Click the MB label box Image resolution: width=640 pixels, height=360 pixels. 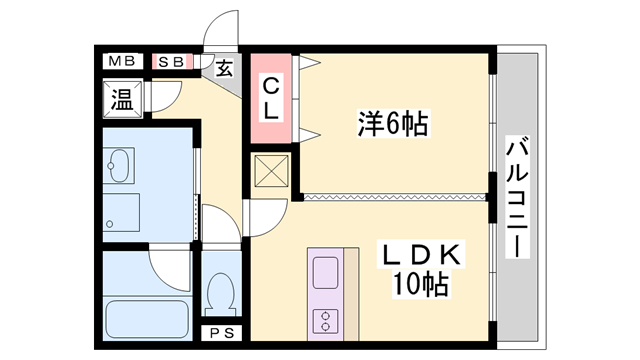122,62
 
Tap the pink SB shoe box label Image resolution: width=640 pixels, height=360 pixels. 171,62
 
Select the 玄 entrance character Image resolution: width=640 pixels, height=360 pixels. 224,68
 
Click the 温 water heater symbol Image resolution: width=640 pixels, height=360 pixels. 122,99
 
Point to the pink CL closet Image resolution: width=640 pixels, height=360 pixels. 271,98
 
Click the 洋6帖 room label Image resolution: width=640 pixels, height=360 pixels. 393,123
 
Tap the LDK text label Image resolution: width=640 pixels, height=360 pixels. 421,255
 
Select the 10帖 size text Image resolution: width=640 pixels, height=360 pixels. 420,284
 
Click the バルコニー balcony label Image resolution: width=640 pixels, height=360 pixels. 517,197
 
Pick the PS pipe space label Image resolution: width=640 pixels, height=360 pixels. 222,333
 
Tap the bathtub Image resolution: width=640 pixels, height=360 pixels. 147,319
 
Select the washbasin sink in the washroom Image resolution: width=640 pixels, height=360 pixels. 119,166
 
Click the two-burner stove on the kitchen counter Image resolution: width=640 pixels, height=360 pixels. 325,321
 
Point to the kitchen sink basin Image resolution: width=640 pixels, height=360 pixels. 325,273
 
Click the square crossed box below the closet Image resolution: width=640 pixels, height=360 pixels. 271,171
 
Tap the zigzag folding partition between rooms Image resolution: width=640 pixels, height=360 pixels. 395,197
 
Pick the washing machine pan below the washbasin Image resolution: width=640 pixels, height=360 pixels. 121,213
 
